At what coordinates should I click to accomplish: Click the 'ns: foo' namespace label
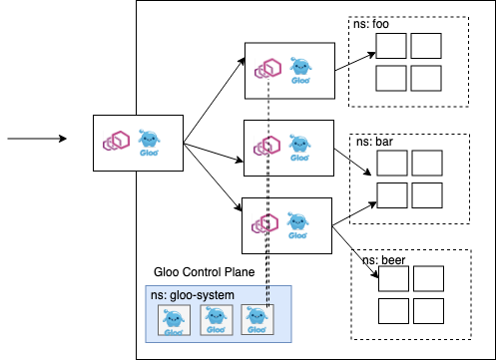click(371, 24)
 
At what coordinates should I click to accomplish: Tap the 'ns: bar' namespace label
click(374, 142)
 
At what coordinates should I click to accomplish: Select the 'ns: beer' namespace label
click(383, 260)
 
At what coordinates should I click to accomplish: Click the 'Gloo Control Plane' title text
click(204, 272)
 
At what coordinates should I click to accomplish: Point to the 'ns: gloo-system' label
click(193, 295)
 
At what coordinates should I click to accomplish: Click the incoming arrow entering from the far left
click(37, 139)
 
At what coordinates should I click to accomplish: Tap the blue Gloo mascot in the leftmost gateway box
click(149, 143)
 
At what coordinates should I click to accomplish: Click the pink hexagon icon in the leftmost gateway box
click(116, 141)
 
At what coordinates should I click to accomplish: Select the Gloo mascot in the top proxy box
click(300, 71)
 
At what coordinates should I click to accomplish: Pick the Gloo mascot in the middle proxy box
click(299, 148)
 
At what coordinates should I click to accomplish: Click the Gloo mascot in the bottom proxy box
click(297, 225)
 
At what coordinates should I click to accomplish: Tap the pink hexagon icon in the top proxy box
click(267, 68)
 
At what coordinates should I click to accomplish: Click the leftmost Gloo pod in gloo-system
click(174, 320)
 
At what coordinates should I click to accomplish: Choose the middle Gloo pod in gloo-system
click(217, 320)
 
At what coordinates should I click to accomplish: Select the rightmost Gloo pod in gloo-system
click(257, 320)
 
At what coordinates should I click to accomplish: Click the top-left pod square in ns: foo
click(391, 46)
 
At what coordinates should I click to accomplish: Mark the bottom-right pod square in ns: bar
click(427, 195)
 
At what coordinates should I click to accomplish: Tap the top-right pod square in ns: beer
click(428, 278)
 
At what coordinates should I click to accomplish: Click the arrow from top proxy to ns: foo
click(355, 62)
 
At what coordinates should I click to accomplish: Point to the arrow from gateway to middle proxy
click(214, 153)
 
